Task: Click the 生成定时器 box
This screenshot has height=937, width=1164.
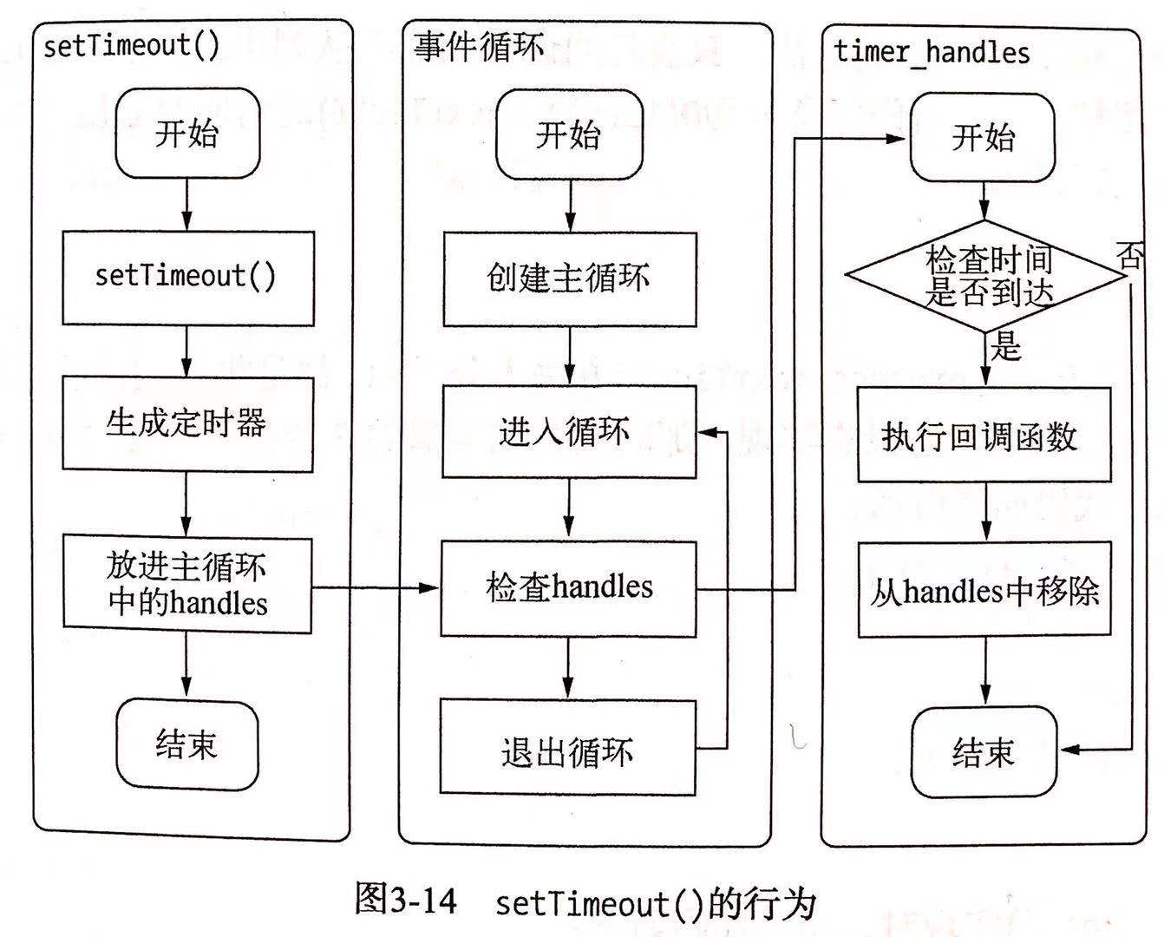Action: [187, 423]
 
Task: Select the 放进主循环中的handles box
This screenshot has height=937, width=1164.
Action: [187, 584]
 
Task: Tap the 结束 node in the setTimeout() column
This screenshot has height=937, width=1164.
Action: [187, 745]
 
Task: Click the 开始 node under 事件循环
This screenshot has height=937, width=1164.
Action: [570, 134]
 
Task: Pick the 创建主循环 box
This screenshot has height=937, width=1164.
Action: [570, 279]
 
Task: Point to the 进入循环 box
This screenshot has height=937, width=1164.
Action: [569, 432]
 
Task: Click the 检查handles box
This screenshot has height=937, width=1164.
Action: [568, 588]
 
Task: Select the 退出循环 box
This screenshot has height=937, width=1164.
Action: [568, 748]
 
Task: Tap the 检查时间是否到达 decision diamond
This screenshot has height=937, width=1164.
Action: [985, 276]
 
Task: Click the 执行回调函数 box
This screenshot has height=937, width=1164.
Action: [984, 435]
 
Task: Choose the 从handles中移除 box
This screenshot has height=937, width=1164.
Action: [984, 590]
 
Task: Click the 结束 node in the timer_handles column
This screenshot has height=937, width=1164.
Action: [984, 752]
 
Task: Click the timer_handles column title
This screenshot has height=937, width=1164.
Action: [932, 52]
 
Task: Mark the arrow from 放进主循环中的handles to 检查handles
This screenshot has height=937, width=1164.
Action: [376, 587]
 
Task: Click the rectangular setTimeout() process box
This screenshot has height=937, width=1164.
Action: [188, 278]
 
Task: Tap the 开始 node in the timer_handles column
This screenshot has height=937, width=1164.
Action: [983, 137]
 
